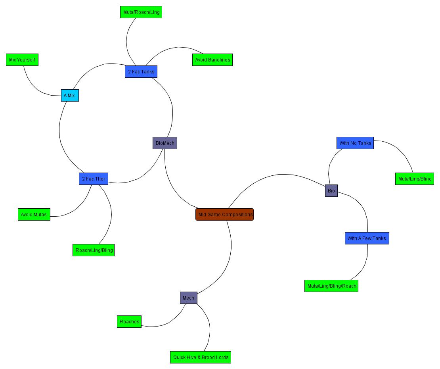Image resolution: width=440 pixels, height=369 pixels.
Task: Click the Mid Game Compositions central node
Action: pos(224,215)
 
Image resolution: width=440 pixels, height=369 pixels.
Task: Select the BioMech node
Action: pos(165,143)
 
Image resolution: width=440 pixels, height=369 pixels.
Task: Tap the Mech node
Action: pos(188,298)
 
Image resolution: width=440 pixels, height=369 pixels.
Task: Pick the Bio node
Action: pos(331,191)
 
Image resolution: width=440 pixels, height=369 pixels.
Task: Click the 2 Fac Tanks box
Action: pos(141,72)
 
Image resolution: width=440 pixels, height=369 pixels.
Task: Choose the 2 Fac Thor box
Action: pos(94,179)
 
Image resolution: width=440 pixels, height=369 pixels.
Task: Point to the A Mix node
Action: pos(70,96)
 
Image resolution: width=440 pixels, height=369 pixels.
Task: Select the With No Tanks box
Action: pos(355,143)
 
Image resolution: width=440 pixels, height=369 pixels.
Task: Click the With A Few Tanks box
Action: pos(367,238)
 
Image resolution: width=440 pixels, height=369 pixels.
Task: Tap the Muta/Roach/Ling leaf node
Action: pos(141,12)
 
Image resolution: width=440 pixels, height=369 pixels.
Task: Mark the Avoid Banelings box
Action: pos(212,60)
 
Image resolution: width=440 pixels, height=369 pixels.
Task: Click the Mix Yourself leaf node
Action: pos(22,60)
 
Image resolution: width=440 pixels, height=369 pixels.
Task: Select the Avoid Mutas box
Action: pos(34,215)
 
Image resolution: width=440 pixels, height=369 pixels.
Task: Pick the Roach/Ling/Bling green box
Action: pos(94,250)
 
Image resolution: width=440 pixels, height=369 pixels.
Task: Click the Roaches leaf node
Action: pos(129,322)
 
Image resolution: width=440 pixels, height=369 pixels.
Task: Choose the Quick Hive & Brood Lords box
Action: pos(201,357)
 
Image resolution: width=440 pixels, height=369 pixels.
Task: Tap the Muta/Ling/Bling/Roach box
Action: pos(331,286)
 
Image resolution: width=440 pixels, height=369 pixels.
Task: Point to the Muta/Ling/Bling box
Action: pos(415,179)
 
